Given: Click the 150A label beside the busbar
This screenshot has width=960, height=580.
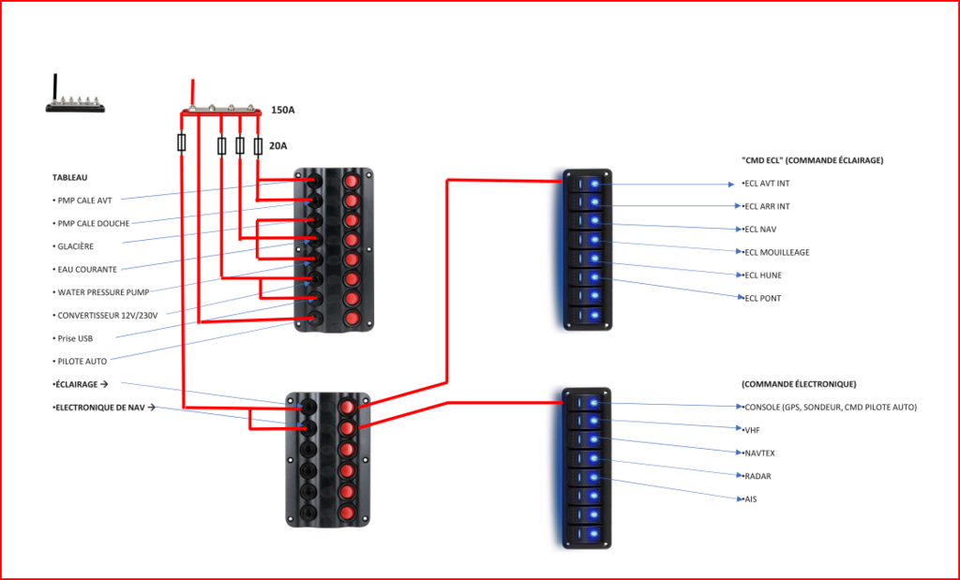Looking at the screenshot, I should click(x=282, y=111).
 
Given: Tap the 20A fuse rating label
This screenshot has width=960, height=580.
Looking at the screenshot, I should click(x=278, y=146).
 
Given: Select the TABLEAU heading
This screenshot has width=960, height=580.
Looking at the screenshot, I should click(x=70, y=177).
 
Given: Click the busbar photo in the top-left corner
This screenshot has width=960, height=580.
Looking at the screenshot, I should click(x=75, y=95).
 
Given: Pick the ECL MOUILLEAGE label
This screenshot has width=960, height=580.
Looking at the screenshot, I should click(x=775, y=252).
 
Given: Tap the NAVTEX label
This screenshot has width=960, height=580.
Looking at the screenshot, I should click(x=758, y=453).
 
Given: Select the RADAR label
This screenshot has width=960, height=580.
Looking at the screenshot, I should click(x=757, y=476).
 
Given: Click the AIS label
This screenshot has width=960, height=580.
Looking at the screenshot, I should click(x=749, y=499).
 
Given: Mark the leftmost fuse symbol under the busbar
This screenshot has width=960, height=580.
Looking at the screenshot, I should click(x=182, y=142).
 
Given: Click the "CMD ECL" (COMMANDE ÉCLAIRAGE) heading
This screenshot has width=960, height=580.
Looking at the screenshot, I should click(x=812, y=160).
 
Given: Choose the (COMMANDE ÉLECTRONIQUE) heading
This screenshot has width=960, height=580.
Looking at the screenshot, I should click(x=798, y=384).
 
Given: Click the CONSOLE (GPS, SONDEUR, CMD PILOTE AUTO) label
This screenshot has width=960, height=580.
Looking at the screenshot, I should click(x=829, y=407).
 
